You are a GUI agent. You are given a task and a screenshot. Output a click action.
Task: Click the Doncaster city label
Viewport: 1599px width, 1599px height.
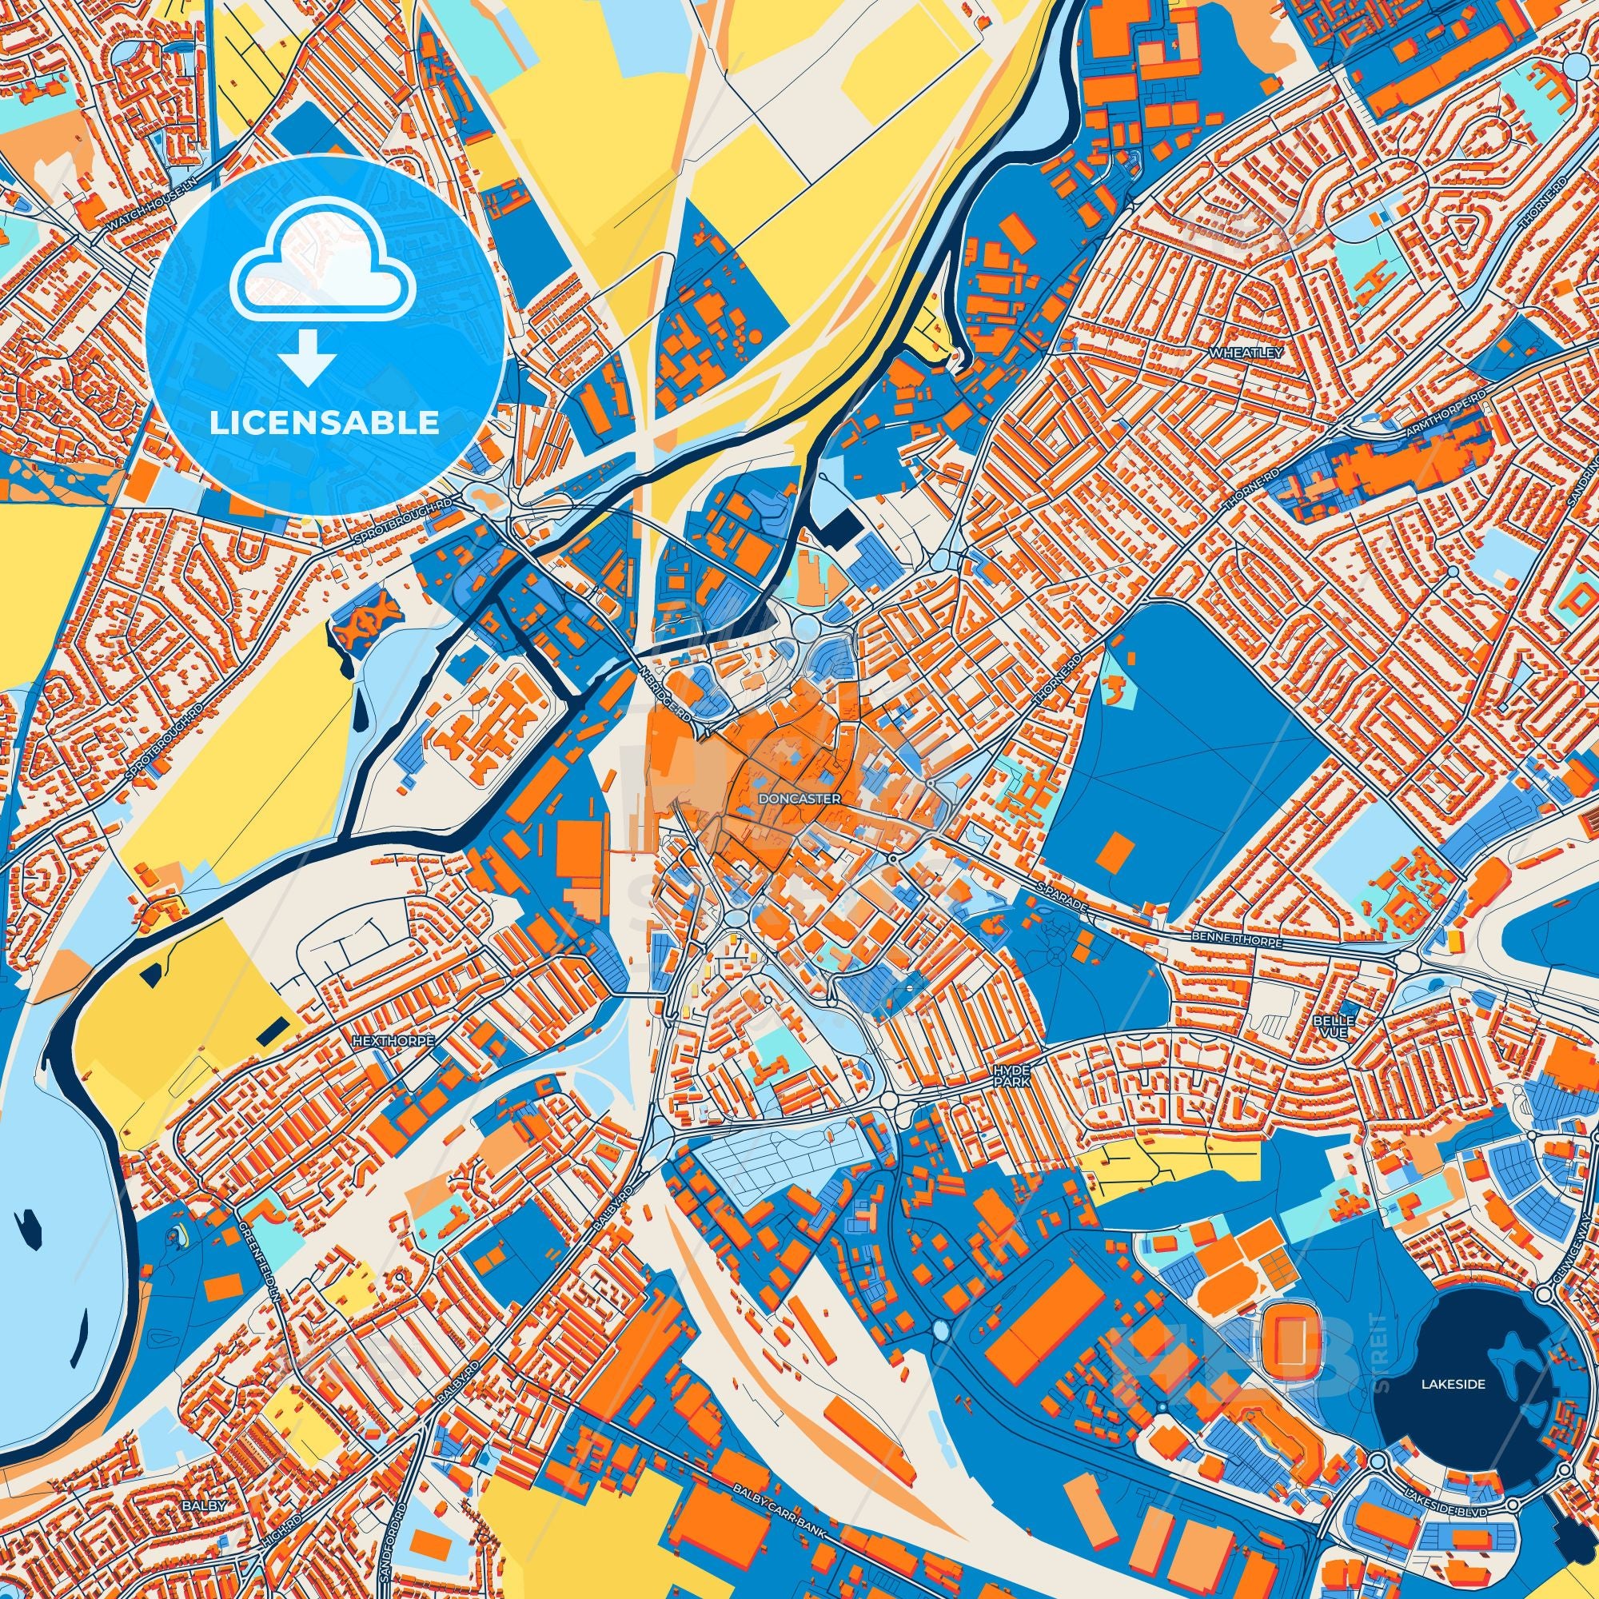click(799, 799)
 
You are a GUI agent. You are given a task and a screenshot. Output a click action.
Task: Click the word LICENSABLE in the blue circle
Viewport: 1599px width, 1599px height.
click(324, 424)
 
